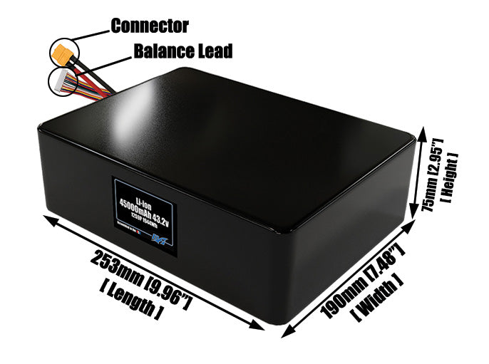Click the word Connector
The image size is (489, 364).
click(x=149, y=26)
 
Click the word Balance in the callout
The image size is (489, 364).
click(x=158, y=51)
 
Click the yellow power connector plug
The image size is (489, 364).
click(x=60, y=51)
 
